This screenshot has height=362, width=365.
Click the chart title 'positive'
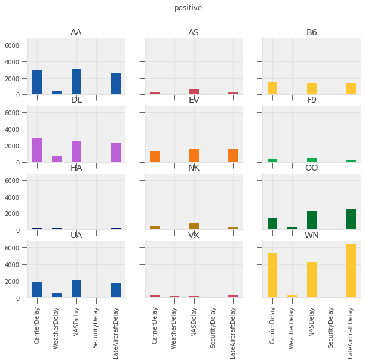[x=188, y=8]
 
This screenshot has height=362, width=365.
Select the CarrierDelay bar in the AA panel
[x=37, y=82]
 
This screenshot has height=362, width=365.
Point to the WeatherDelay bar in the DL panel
[x=57, y=159]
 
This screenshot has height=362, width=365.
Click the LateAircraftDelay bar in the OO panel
[x=351, y=219]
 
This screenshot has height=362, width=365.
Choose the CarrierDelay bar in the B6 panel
[x=272, y=88]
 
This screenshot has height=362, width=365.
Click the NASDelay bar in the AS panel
[x=194, y=92]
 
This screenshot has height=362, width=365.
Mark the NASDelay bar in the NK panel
[x=194, y=226]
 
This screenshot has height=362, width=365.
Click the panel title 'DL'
[x=76, y=100]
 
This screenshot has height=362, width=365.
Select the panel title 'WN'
[x=311, y=235]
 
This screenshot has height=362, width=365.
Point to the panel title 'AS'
[x=194, y=32]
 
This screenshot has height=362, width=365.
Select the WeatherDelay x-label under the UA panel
[x=57, y=325]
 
